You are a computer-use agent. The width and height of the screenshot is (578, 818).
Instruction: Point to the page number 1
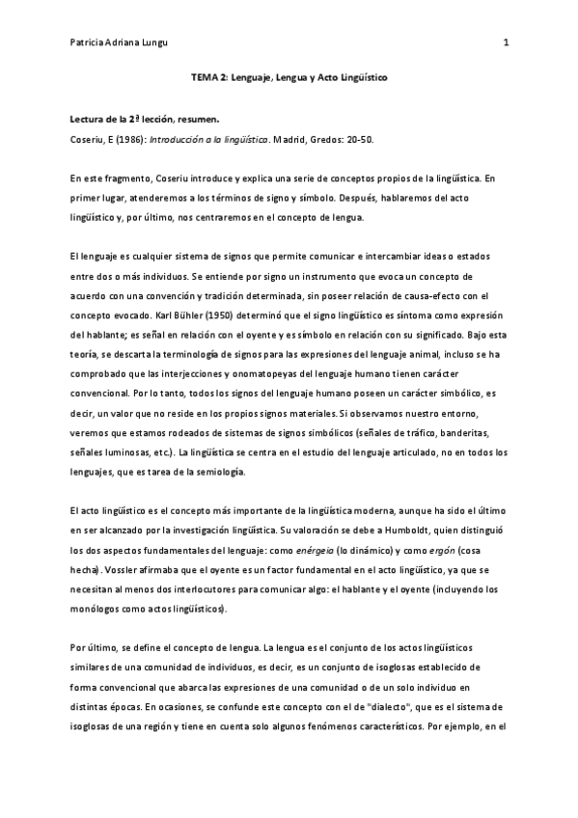[506, 42]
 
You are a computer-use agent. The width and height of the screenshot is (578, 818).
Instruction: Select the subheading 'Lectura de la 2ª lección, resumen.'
[145, 123]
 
